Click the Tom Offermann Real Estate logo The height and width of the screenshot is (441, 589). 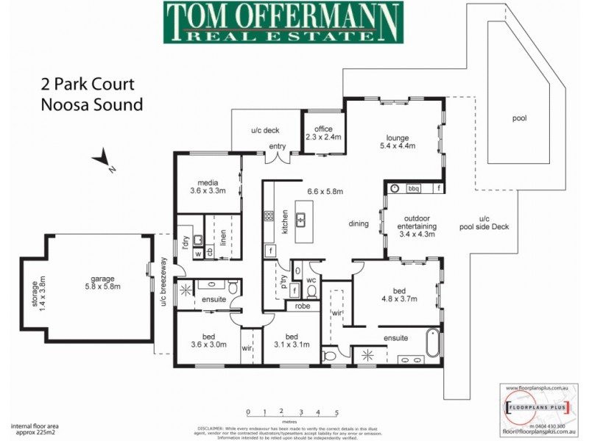click(283, 22)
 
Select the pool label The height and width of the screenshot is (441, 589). click(520, 118)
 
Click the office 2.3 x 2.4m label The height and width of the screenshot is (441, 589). click(323, 133)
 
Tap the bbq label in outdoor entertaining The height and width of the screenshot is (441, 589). click(413, 187)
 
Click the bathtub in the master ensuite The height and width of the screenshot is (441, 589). click(431, 343)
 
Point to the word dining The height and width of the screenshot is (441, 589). click(359, 224)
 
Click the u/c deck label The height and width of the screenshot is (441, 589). click(262, 130)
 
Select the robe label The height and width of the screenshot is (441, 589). click(303, 306)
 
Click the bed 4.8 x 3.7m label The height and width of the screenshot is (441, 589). click(398, 295)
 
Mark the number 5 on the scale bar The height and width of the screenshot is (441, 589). click(337, 412)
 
